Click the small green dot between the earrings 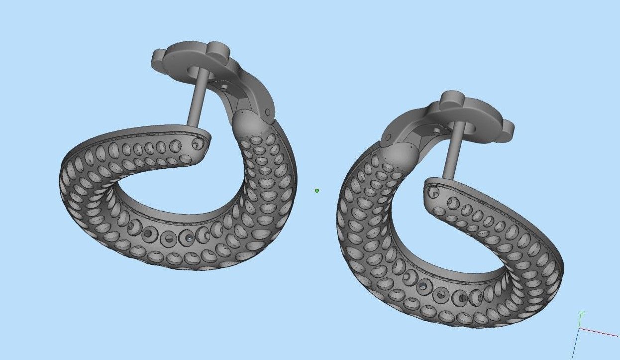click(x=317, y=190)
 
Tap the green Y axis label click(x=583, y=313)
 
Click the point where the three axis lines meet click(x=579, y=329)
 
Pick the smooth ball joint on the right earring click(x=400, y=155)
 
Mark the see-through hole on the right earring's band click(x=423, y=286)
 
